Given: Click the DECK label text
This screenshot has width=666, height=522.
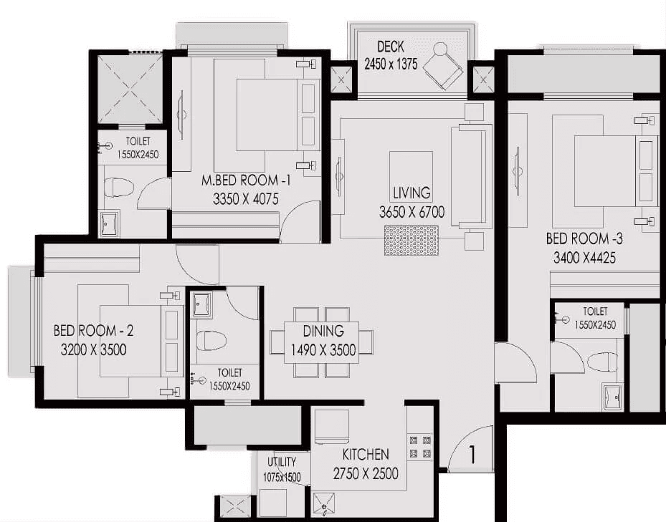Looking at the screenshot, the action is coord(390,47).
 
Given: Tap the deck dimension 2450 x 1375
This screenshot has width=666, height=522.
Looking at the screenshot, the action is coord(391,64).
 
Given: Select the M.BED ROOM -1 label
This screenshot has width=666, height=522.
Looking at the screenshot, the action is coord(247,180).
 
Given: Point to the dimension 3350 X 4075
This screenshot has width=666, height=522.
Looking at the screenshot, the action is coord(245,198).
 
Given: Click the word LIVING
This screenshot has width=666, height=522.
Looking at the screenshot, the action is coord(412,193).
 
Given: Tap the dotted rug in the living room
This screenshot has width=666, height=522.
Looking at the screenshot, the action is coord(412,240).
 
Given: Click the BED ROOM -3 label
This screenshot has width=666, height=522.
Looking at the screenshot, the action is coord(584,238).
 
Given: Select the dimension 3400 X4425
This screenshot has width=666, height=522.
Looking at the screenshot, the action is coord(584,257).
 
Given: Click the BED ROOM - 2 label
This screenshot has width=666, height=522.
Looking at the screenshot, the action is coord(93,331).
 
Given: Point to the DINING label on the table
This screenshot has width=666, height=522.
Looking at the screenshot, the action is coord(323,331).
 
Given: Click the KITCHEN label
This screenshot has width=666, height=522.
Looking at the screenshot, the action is coord(366,455).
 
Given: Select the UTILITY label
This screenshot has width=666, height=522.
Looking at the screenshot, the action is coord(282,461).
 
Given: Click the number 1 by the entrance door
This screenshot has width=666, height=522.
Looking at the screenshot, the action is coord(472,454).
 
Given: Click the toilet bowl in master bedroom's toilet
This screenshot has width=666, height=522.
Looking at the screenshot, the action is coord(119,187).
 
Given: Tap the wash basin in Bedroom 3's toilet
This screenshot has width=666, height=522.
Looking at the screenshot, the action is coord(612,397).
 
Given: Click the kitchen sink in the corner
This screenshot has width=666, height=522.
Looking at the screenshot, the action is coord(324,505).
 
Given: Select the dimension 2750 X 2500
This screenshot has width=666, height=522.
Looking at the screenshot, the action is coord(366,473).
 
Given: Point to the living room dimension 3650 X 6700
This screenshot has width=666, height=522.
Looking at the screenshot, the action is coord(412,212).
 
